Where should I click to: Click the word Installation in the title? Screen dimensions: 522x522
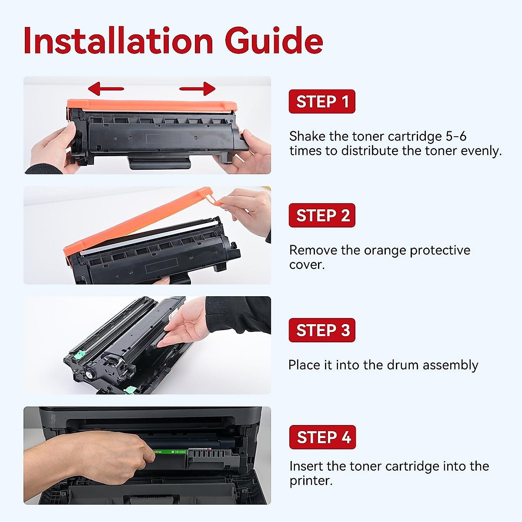point(118,41)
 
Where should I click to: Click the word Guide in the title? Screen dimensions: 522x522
point(274,41)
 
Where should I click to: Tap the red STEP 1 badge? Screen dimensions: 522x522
point(322,102)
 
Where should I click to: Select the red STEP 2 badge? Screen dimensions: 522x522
point(322,215)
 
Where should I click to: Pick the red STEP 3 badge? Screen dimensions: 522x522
point(322,330)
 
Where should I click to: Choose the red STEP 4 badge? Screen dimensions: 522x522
point(322,437)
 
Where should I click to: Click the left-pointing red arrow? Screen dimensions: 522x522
point(106,89)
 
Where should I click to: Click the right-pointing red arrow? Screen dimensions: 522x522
point(197,89)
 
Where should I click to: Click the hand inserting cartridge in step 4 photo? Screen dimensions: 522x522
point(113,457)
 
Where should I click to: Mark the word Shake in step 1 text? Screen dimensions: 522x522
point(307,136)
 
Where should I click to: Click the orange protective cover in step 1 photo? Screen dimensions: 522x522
point(152,106)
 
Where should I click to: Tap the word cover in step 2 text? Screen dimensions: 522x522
point(306,265)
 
